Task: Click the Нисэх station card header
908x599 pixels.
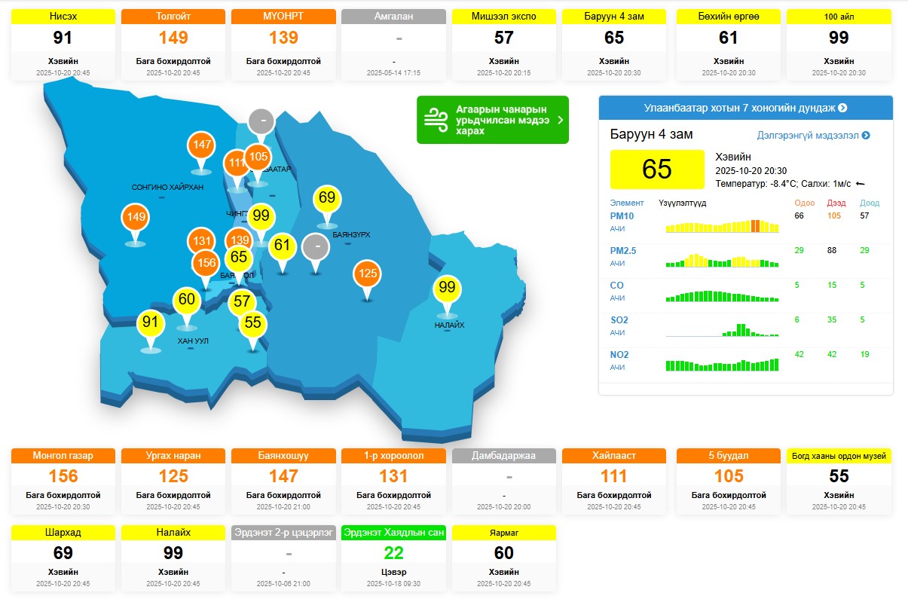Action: [x=63, y=16]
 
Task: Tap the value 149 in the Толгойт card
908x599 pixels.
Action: [x=173, y=38]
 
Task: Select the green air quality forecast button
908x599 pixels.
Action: [x=493, y=120]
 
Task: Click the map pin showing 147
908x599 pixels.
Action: [x=202, y=145]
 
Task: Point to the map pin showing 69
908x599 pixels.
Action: [x=327, y=198]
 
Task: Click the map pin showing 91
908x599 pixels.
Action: [x=151, y=322]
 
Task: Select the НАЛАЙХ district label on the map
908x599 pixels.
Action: [x=449, y=325]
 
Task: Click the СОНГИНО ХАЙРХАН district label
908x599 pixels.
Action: [x=167, y=187]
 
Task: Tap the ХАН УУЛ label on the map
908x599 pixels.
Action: [x=193, y=341]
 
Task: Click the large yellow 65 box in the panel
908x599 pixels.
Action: [x=656, y=169]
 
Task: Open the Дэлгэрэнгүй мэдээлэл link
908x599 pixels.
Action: [x=813, y=136]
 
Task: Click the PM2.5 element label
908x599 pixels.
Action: [x=623, y=251]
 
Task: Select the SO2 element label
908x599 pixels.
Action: [x=619, y=320]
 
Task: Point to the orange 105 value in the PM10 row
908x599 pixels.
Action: [x=833, y=216]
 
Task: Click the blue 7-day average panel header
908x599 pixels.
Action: [x=745, y=108]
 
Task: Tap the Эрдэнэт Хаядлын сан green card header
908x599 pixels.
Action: [x=393, y=533]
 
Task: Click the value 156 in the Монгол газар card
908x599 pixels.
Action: [x=63, y=476]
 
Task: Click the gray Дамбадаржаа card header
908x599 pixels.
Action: [x=503, y=456]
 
